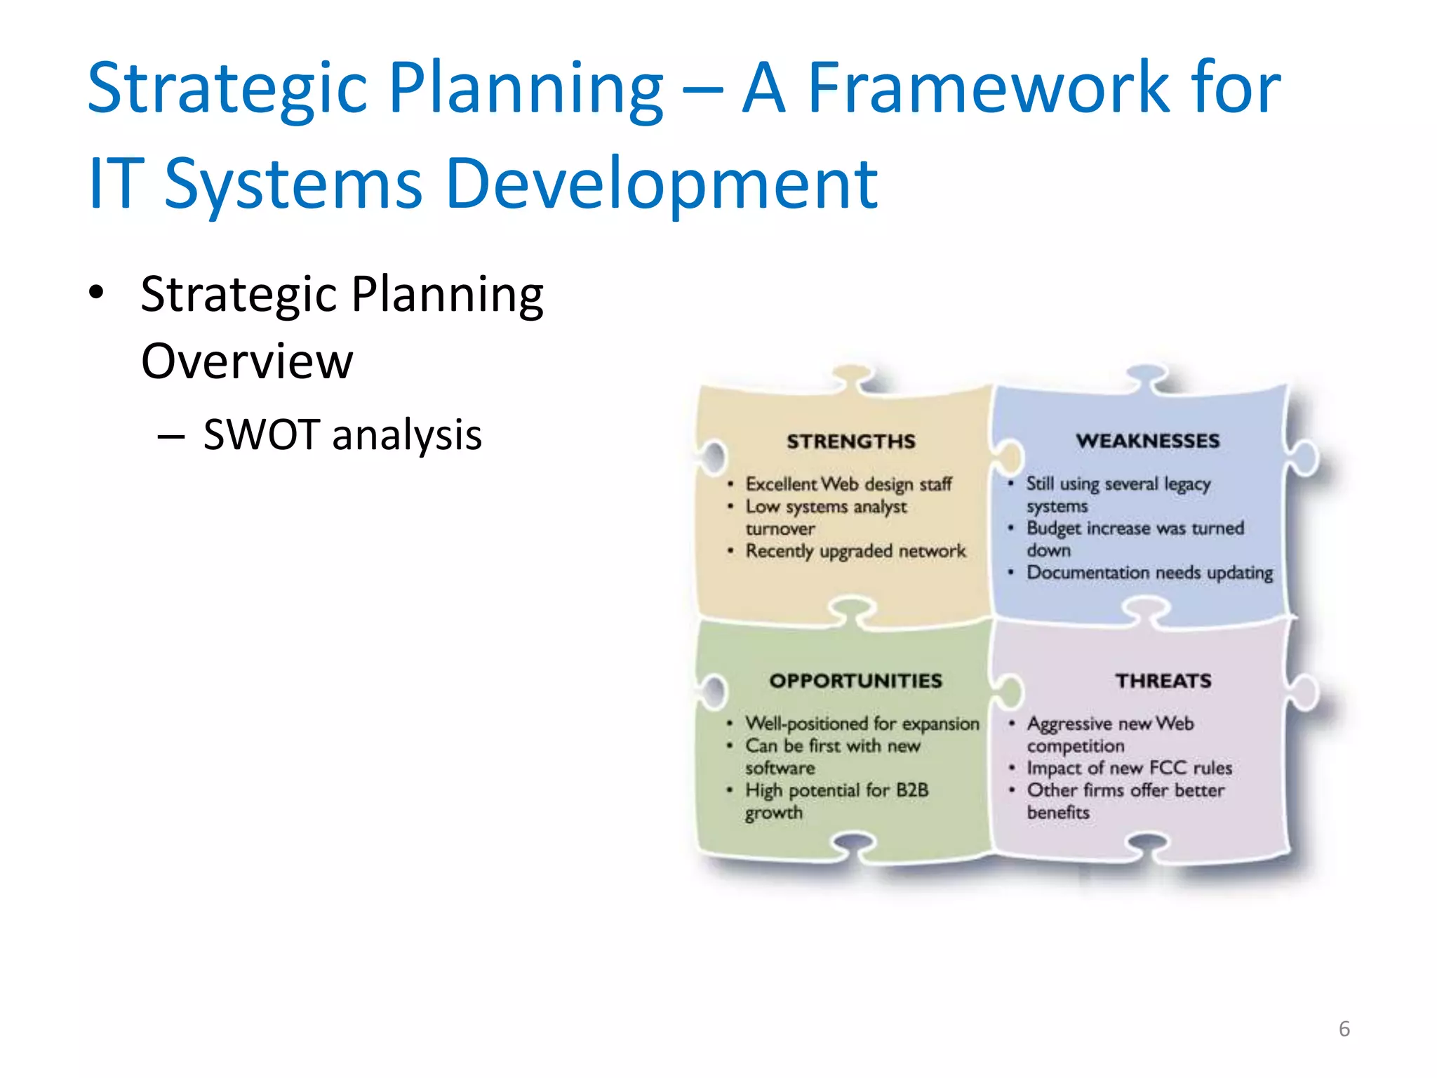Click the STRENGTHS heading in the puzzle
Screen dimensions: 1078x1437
(x=850, y=441)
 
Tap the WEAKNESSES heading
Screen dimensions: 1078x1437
(x=1148, y=441)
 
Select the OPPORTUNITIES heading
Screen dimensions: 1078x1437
(x=855, y=681)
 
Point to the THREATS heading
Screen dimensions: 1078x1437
(x=1163, y=681)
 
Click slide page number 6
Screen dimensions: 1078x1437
(x=1344, y=1029)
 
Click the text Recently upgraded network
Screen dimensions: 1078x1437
(x=855, y=552)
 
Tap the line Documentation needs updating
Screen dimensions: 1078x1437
(x=1149, y=573)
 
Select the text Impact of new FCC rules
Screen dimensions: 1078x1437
(x=1129, y=768)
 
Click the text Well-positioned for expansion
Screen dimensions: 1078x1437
(x=862, y=724)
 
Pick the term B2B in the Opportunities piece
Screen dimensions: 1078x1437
(x=912, y=790)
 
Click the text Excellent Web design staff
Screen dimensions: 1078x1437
(x=848, y=484)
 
